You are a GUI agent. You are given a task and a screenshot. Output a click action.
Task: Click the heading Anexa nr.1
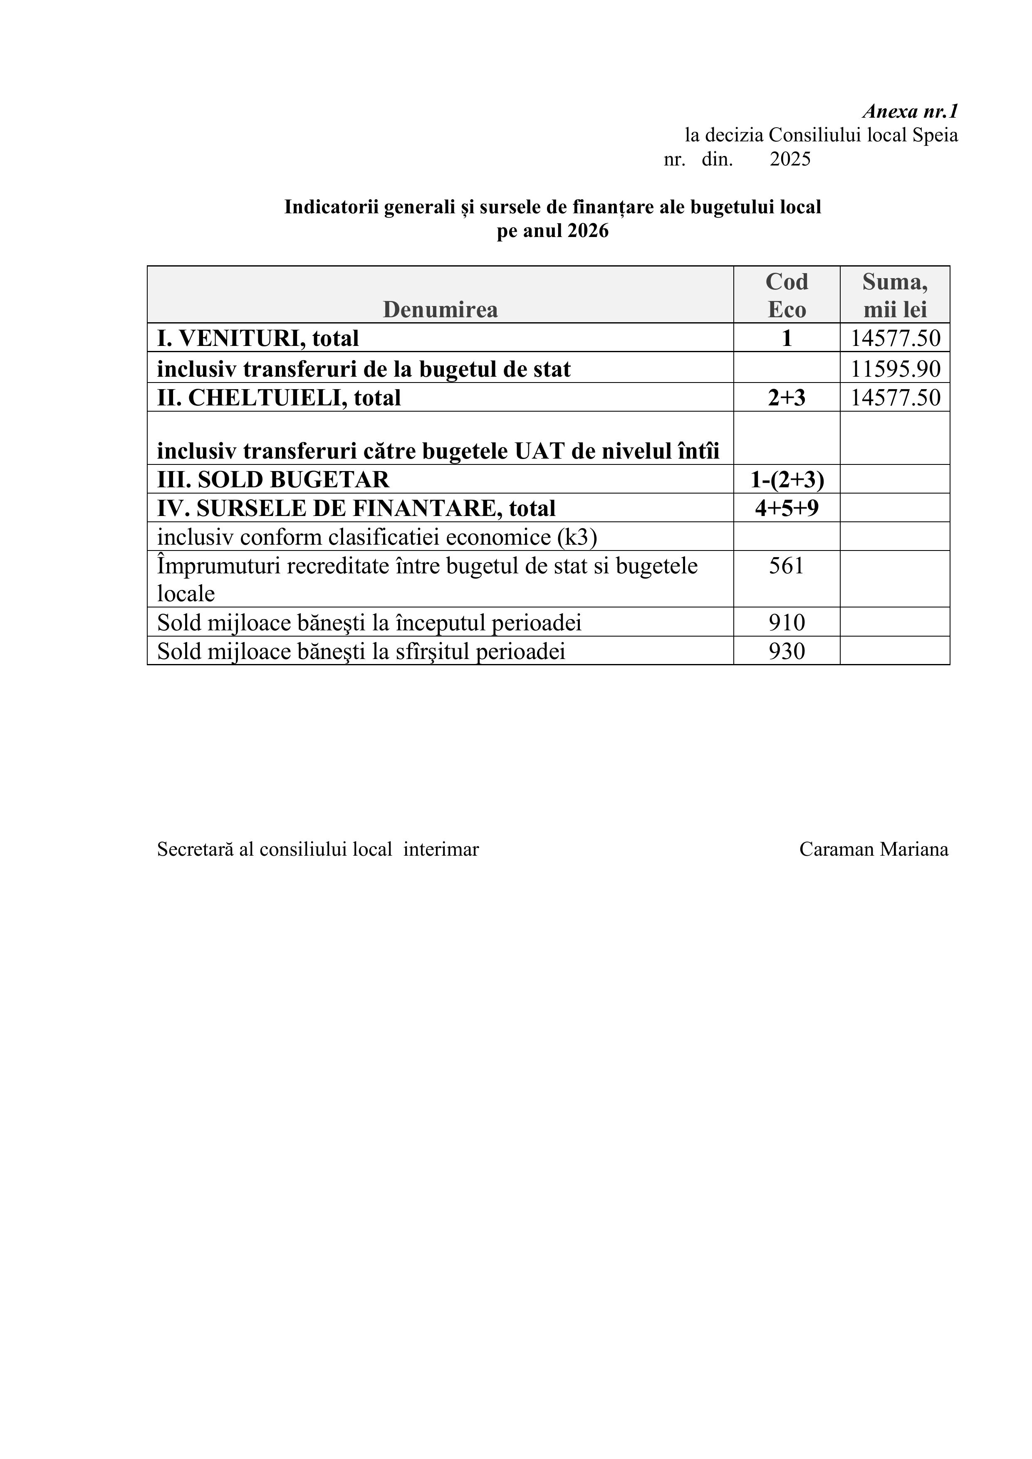910,112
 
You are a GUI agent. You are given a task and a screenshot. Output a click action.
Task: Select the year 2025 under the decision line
790,159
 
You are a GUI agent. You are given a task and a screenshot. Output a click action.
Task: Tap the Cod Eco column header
787,296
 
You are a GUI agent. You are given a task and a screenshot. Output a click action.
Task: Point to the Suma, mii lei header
895,296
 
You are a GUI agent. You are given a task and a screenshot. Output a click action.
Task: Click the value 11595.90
895,369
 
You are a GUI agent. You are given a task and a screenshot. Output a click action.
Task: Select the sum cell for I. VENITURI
895,338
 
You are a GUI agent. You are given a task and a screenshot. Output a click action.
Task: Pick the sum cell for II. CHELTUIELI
895,398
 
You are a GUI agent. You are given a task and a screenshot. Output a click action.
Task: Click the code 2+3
787,398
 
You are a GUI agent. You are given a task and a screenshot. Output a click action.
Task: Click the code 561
787,565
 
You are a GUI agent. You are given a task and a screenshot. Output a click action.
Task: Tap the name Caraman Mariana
873,849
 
